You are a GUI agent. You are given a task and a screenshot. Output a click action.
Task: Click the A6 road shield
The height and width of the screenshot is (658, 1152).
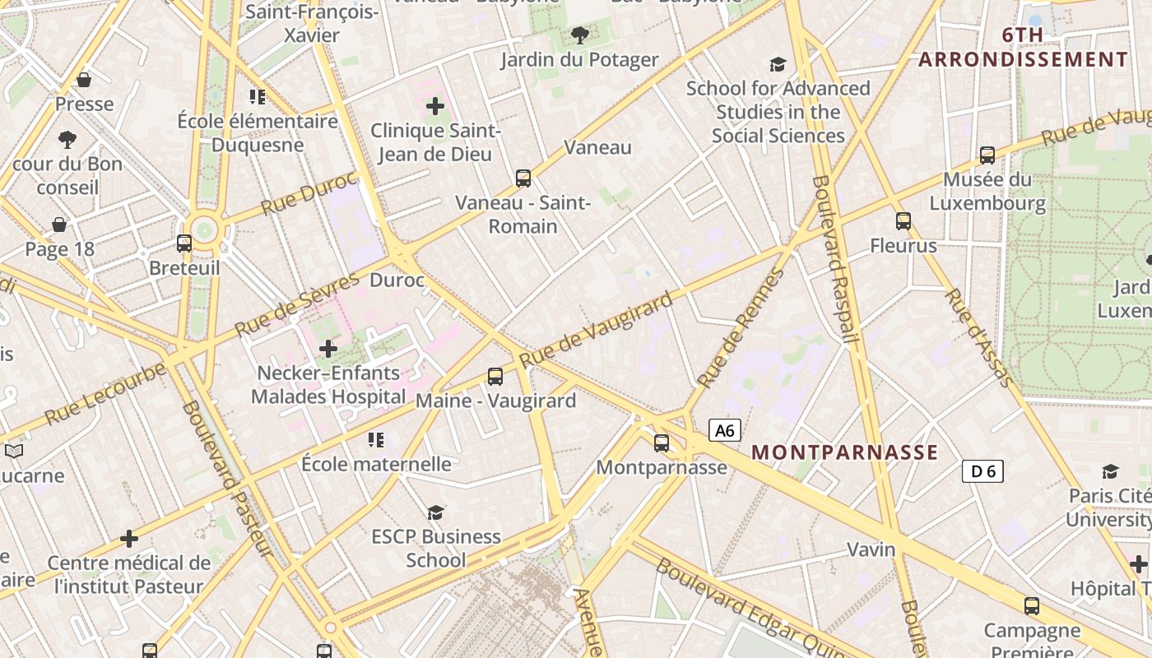[724, 430]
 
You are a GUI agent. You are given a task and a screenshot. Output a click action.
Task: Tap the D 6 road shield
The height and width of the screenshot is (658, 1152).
[982, 471]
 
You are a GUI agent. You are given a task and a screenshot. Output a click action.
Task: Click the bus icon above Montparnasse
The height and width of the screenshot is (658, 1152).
[662, 443]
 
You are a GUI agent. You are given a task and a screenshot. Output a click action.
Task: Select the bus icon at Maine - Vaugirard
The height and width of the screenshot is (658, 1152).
[495, 377]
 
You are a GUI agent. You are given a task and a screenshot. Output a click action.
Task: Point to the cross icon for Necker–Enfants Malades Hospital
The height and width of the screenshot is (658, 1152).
[328, 349]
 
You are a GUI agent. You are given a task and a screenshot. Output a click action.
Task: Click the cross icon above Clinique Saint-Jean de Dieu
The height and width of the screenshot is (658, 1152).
[435, 105]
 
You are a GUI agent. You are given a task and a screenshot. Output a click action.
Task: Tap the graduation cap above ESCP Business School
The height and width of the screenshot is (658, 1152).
[435, 512]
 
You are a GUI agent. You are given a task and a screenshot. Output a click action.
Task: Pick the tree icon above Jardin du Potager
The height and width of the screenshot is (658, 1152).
[580, 35]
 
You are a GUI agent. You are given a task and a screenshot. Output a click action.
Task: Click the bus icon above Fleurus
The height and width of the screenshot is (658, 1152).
[903, 220]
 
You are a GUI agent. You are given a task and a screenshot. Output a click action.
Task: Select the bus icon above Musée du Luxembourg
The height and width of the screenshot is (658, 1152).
[987, 155]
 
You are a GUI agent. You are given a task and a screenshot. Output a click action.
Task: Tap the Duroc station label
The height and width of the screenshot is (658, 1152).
[397, 280]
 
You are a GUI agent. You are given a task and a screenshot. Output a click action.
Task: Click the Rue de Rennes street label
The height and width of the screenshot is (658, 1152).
[740, 330]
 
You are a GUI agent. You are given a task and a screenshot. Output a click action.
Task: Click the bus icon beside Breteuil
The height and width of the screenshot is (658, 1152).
[184, 243]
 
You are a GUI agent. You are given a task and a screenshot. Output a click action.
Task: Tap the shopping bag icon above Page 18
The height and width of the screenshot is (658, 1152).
[59, 225]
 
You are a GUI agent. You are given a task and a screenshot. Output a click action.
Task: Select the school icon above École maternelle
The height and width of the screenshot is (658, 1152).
[376, 440]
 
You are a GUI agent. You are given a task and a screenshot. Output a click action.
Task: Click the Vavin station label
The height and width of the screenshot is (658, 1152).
[871, 549]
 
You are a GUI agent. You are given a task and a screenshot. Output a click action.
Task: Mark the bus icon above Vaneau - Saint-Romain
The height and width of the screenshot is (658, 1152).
[523, 178]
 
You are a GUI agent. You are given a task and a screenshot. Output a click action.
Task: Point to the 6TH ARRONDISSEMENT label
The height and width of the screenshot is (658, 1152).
[1023, 47]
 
